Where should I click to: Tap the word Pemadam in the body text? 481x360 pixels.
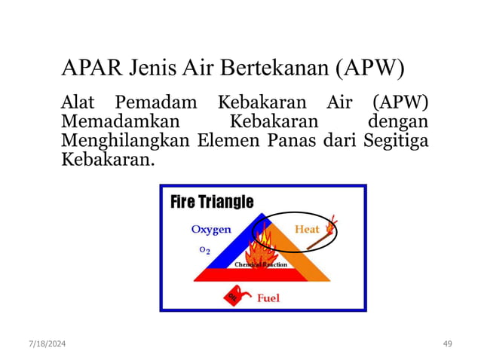click(x=157, y=102)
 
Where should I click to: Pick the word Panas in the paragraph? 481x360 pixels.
click(x=296, y=141)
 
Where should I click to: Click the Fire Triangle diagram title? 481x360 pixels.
click(x=212, y=202)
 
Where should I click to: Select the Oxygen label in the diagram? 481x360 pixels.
click(x=210, y=230)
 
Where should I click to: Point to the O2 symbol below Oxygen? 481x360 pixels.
click(x=204, y=250)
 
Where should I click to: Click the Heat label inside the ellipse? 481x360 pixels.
click(x=307, y=229)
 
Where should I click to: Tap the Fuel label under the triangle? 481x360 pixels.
click(x=268, y=298)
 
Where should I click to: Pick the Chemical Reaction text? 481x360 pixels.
click(x=261, y=265)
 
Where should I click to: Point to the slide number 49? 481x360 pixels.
click(x=448, y=343)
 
